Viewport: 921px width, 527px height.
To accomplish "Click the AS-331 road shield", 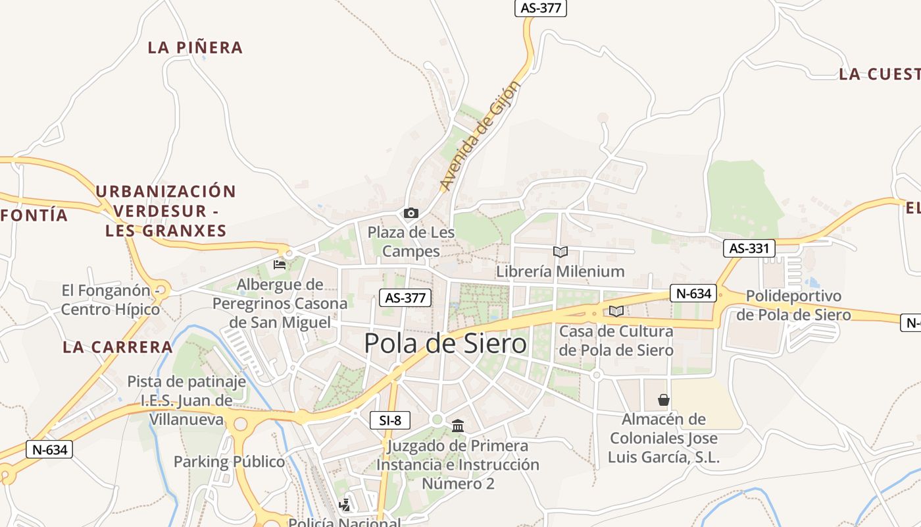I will (x=749, y=248).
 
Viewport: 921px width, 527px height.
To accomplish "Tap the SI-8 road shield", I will (x=390, y=420).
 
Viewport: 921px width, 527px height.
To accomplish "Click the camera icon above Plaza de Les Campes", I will (x=411, y=213).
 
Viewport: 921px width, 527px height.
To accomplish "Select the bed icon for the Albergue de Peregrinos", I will (x=280, y=265).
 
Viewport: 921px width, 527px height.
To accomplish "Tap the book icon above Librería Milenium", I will (x=560, y=252).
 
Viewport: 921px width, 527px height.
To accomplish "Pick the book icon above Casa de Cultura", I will (x=616, y=311).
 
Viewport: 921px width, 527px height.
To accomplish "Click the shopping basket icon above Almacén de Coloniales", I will (x=664, y=400).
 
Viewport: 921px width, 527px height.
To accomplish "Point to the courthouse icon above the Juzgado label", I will (x=458, y=426).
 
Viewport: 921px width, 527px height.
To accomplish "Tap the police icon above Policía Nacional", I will (x=344, y=506).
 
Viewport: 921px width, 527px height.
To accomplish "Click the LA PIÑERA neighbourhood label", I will (x=195, y=47).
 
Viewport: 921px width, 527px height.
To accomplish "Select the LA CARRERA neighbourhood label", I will (x=118, y=347).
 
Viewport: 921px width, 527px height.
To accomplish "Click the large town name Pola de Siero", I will (x=445, y=343).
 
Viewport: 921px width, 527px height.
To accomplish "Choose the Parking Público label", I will (x=229, y=462).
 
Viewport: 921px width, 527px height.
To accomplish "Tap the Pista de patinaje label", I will (x=187, y=381).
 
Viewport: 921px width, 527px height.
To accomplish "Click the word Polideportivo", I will (x=794, y=296).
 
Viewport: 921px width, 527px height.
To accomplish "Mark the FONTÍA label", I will (x=34, y=215).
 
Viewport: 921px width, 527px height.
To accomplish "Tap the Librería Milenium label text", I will (x=560, y=271).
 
